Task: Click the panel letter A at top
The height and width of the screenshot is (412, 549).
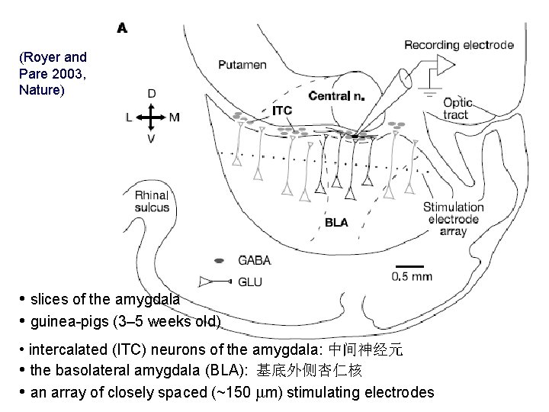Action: [x=121, y=28]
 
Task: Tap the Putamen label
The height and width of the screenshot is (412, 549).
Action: [x=242, y=65]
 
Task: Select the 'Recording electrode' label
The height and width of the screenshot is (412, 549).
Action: [x=458, y=44]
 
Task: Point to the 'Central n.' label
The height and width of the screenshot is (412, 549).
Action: [x=335, y=96]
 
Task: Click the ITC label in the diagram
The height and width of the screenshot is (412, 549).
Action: [x=282, y=110]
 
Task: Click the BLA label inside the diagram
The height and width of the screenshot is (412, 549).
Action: [x=336, y=223]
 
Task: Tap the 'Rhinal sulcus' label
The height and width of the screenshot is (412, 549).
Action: [x=152, y=200]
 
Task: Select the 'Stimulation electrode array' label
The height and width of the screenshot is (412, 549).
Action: [x=453, y=219]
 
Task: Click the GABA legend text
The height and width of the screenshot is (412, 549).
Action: [x=255, y=260]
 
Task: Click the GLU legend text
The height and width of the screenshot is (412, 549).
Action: [x=250, y=282]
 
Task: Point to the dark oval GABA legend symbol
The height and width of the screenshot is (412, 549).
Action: [x=219, y=260]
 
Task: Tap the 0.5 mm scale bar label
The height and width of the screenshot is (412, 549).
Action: [x=412, y=277]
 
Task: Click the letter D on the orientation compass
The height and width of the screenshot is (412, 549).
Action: [x=152, y=94]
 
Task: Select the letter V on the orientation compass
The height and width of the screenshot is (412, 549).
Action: [x=152, y=140]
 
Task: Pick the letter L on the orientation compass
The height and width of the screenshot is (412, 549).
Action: [x=130, y=117]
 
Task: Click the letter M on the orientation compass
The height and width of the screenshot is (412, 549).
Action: [x=175, y=117]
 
